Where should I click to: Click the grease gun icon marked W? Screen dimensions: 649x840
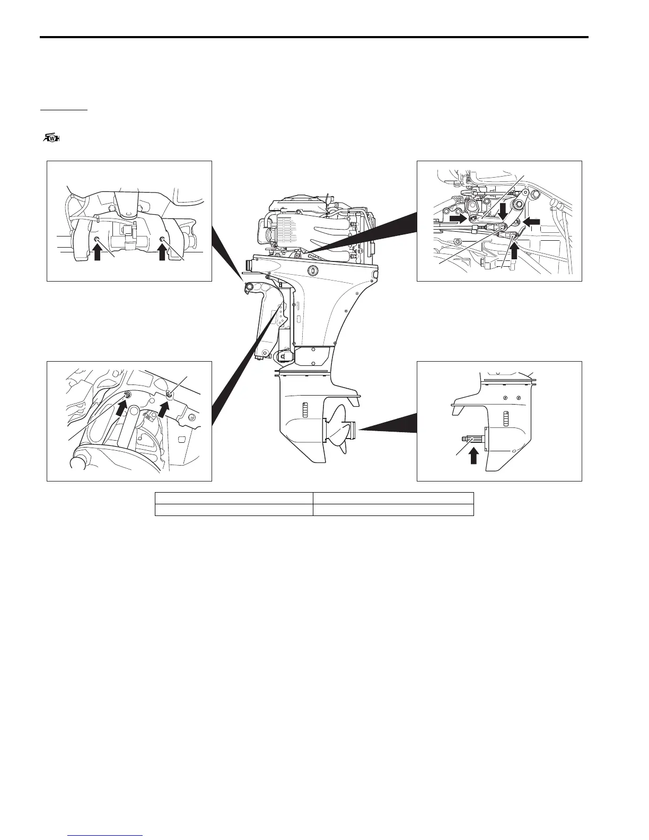click(50, 138)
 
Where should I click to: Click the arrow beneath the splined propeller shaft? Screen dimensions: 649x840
click(473, 456)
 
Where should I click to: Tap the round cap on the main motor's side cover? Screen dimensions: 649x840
click(312, 270)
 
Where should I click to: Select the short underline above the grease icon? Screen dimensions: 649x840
click(64, 111)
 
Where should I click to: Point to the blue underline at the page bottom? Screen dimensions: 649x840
click(106, 836)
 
